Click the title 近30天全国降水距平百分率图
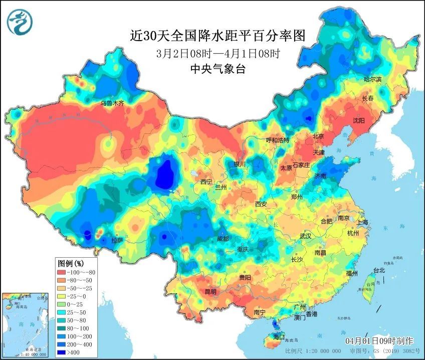click(217, 36)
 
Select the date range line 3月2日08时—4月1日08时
click(217, 53)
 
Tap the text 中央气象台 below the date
click(218, 69)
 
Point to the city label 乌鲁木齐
click(111, 103)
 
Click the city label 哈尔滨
click(372, 79)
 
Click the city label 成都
click(224, 239)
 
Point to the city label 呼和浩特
click(278, 140)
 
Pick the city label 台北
click(379, 270)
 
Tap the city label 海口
click(278, 336)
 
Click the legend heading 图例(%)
click(71, 263)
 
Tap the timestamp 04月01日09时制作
click(379, 341)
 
